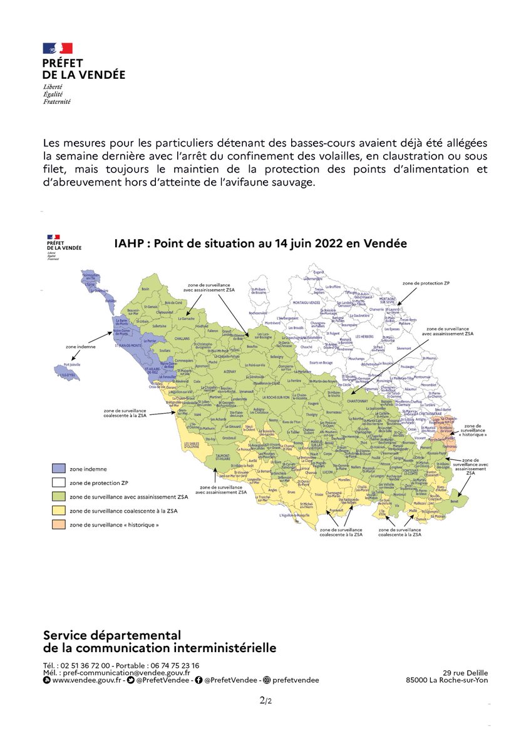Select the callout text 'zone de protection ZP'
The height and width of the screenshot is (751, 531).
tap(425, 284)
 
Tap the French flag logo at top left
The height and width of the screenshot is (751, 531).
tap(58, 48)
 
